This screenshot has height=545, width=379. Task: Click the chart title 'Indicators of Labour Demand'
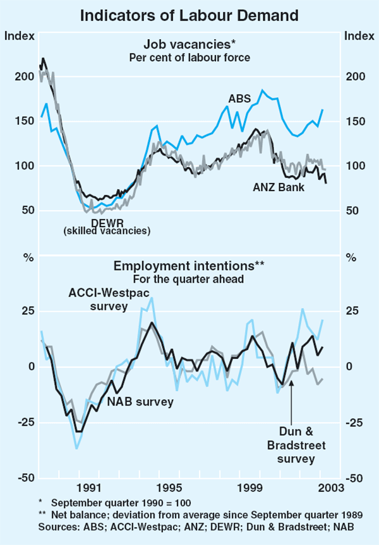click(189, 13)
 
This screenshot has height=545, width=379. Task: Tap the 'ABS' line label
click(241, 98)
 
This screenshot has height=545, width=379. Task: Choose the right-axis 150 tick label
click(358, 121)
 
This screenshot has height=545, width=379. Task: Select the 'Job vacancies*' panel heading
click(189, 45)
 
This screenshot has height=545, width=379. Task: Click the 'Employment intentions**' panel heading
click(189, 266)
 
